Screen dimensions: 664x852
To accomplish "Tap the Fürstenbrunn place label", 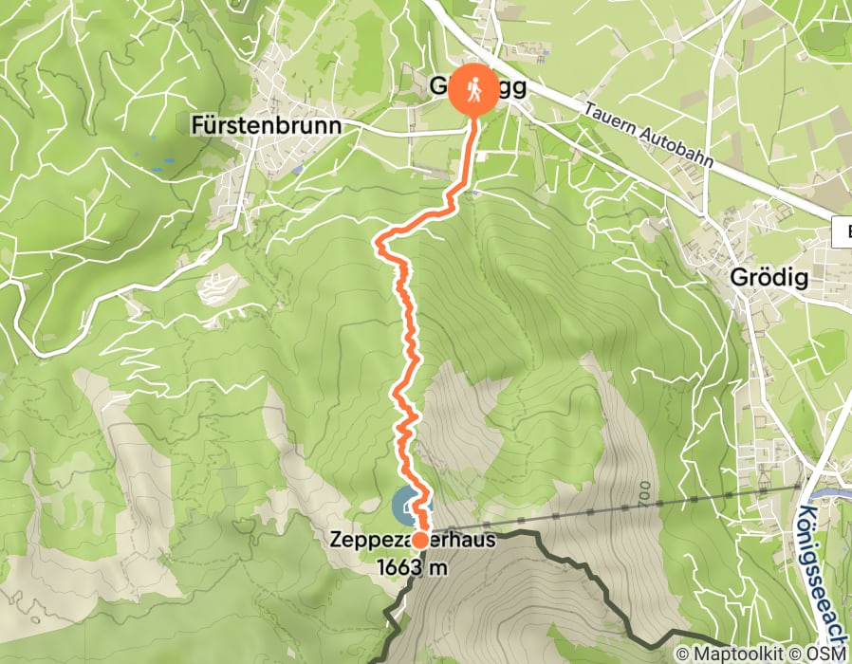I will pos(266,125).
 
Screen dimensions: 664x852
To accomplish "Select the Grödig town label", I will pos(769,278).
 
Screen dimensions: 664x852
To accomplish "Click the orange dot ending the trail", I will pos(419,540).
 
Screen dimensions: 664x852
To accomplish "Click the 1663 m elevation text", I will pos(411,567).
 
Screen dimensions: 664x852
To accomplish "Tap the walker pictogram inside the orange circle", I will pos(472,88).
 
